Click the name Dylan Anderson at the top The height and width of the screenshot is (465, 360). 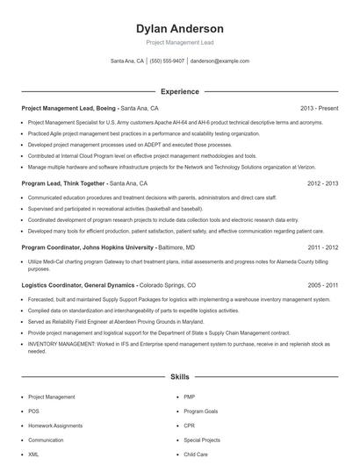pyautogui.click(x=180, y=28)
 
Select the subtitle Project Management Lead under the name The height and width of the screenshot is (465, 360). pyautogui.click(x=180, y=42)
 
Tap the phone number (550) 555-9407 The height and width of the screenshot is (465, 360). pyautogui.click(x=167, y=61)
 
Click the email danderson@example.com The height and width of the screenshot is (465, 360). pyautogui.click(x=220, y=61)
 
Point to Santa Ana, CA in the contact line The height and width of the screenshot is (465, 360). pyautogui.click(x=127, y=61)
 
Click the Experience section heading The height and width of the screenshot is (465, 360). pyautogui.click(x=180, y=91)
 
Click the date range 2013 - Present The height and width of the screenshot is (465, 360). pyautogui.click(x=319, y=108)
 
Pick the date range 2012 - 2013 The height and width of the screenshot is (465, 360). pyautogui.click(x=322, y=183)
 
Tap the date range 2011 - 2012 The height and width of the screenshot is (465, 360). pyautogui.click(x=322, y=248)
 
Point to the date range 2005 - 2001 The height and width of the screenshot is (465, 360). pyautogui.click(x=322, y=285)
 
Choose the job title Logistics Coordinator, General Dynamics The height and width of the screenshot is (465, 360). pyautogui.click(x=78, y=285)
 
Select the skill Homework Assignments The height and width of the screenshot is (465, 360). pyautogui.click(x=55, y=426)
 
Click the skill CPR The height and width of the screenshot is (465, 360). pyautogui.click(x=190, y=426)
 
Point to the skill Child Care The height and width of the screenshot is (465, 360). pyautogui.click(x=196, y=454)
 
